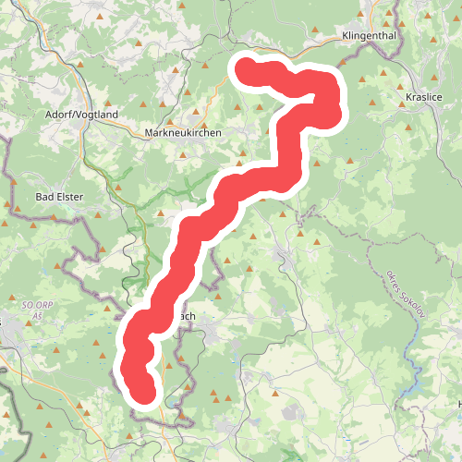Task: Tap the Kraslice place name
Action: [425, 96]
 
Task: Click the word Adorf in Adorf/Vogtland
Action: [60, 115]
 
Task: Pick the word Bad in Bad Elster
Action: [45, 196]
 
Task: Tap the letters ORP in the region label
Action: [38, 303]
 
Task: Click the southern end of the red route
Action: [144, 391]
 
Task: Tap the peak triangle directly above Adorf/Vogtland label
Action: [81, 66]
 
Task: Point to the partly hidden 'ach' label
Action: [186, 315]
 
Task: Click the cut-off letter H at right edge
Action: [458, 404]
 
